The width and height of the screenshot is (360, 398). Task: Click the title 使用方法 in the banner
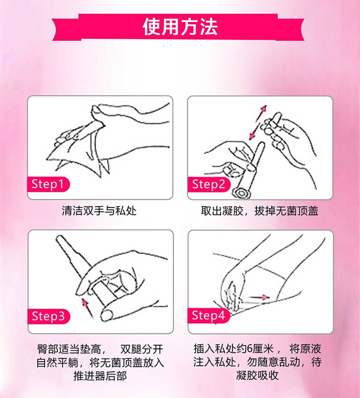tap(180, 27)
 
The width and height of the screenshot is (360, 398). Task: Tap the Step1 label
tap(50, 184)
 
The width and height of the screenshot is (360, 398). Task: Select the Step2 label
tap(209, 184)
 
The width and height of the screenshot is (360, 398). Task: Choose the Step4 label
tap(209, 315)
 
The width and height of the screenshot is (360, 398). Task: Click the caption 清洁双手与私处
tap(99, 211)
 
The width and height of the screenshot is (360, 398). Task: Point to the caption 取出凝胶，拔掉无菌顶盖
tap(259, 211)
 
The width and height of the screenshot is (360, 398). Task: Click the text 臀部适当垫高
tap(72, 351)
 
